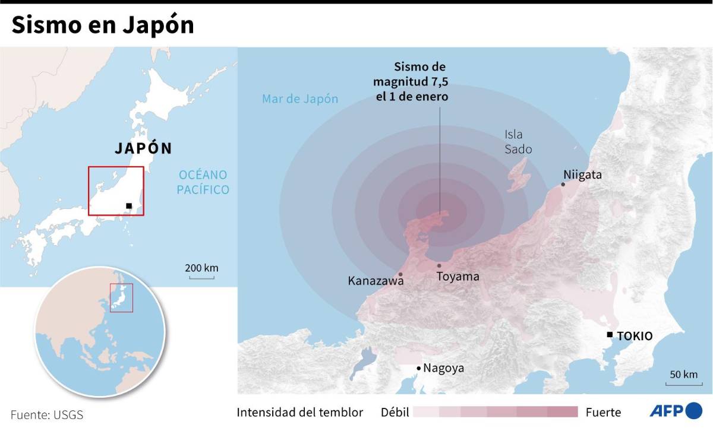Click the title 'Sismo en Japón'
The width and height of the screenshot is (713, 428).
(x=102, y=26)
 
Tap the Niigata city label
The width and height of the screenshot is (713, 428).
(x=583, y=175)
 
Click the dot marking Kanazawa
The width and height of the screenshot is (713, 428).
(x=401, y=274)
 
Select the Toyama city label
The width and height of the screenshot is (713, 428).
(x=458, y=277)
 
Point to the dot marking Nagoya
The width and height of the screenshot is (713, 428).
(x=418, y=369)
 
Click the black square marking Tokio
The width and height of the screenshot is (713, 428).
(x=609, y=335)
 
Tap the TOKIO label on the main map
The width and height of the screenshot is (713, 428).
(x=635, y=336)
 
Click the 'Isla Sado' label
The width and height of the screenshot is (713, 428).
(x=518, y=142)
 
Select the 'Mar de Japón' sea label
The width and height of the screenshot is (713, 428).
(x=300, y=99)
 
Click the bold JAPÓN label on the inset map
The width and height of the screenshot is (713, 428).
(x=143, y=148)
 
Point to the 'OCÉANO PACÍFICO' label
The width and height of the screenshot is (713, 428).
(x=203, y=182)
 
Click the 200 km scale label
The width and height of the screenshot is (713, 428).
(x=202, y=268)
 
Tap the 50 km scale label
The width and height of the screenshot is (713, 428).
(x=683, y=375)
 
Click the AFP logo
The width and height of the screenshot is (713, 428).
(x=676, y=410)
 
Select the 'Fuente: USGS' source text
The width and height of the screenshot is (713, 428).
(x=46, y=414)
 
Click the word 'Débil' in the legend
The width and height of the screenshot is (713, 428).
(x=395, y=412)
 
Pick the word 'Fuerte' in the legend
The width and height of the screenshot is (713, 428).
(x=603, y=412)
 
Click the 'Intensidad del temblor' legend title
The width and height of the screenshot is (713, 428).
(x=299, y=412)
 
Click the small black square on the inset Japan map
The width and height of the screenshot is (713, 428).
(x=129, y=206)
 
